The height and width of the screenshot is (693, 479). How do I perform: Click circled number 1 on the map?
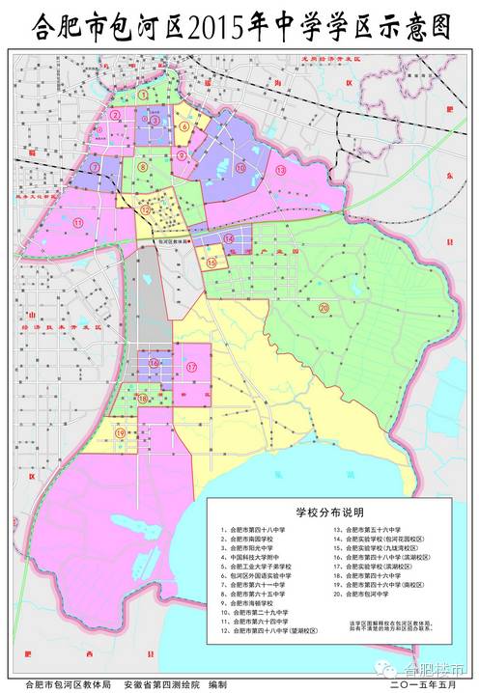[x=144, y=97]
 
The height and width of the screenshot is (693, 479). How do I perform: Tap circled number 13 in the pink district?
[x=281, y=170]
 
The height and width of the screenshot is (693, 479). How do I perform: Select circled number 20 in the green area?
[x=324, y=308]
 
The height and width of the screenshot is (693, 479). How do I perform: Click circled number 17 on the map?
[x=191, y=367]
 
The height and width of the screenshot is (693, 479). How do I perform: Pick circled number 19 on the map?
[x=121, y=433]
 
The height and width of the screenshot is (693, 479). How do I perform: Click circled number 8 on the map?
[x=142, y=166]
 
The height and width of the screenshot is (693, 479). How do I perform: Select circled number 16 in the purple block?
[x=154, y=363]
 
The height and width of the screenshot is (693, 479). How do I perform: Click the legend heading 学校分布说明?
[x=331, y=516]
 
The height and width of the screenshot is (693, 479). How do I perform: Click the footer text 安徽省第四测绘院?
[x=162, y=683]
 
